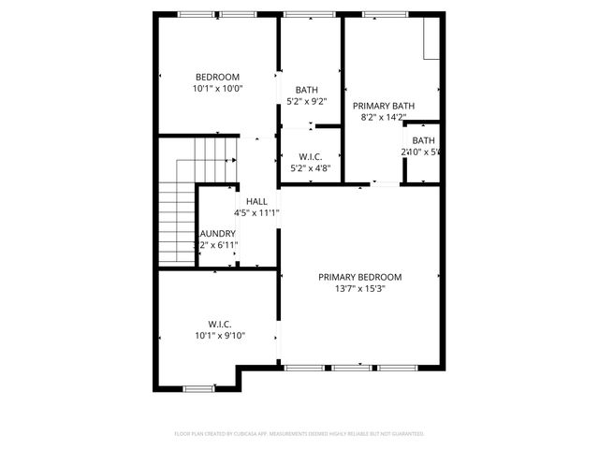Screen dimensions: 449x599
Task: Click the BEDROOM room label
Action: click(x=217, y=77)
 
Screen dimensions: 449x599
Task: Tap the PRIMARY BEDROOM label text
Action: click(x=359, y=277)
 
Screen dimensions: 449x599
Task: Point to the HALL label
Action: click(x=256, y=201)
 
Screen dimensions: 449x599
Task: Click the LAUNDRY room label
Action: click(x=217, y=234)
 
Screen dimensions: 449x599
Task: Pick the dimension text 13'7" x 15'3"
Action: click(x=359, y=289)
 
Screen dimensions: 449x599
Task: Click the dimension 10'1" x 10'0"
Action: click(x=217, y=89)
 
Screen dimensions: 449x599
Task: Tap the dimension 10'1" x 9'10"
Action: click(x=220, y=335)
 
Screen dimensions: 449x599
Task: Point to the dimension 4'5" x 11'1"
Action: click(x=256, y=213)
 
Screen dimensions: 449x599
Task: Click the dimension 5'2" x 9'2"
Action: click(x=306, y=101)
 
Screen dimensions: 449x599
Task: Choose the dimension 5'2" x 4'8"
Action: click(x=310, y=169)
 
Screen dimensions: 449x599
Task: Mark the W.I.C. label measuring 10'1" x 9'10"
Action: click(x=220, y=323)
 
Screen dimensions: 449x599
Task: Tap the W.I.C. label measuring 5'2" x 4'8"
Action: click(x=310, y=157)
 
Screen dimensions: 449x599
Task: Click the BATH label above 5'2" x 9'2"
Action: click(x=306, y=89)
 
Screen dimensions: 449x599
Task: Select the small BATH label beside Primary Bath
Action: click(x=423, y=139)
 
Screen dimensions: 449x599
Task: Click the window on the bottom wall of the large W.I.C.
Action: click(x=198, y=388)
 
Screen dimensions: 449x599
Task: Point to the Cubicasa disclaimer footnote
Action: click(x=299, y=434)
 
